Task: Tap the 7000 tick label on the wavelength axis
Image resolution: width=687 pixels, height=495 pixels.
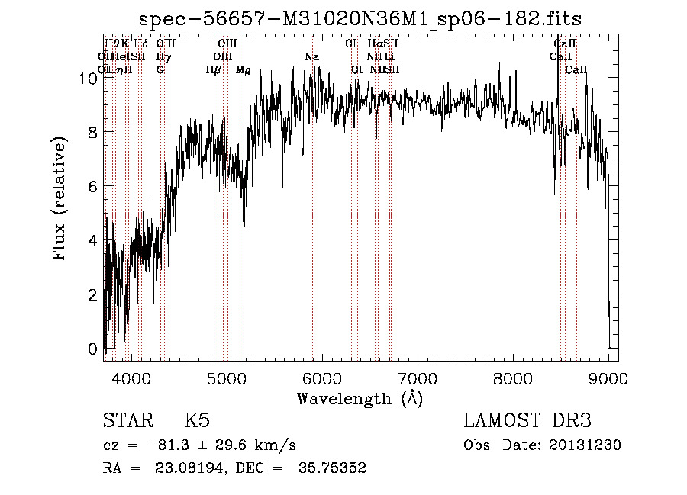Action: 417,378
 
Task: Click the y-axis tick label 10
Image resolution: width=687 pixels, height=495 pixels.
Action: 87,78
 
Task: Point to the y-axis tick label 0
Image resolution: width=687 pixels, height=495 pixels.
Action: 92,349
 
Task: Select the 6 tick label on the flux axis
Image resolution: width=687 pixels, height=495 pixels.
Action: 92,186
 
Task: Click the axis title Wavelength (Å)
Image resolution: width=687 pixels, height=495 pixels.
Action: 360,398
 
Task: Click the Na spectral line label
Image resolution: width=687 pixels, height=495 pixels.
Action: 311,57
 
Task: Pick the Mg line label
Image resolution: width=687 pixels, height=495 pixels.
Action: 243,70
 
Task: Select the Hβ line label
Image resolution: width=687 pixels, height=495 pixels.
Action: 214,70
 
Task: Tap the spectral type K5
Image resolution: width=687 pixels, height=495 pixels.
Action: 197,422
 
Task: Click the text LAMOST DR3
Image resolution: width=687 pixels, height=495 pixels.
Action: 527,422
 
